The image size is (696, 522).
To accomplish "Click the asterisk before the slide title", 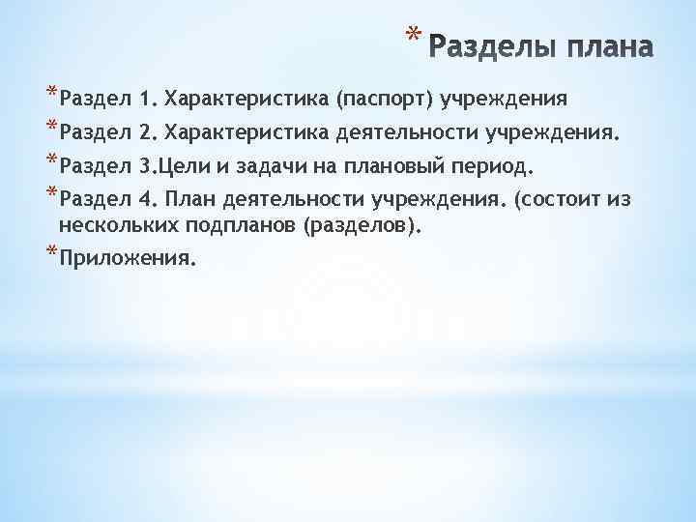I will click(x=414, y=37).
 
